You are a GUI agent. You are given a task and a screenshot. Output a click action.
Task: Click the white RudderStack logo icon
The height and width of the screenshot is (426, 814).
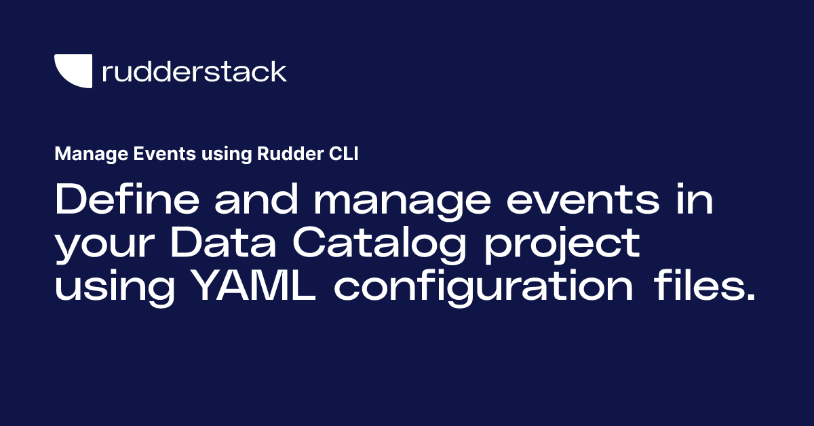pyautogui.click(x=73, y=70)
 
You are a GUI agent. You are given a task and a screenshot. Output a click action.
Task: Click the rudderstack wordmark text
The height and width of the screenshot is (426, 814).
pyautogui.click(x=194, y=71)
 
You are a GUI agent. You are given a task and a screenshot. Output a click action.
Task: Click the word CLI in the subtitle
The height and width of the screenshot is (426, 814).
pyautogui.click(x=343, y=155)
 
